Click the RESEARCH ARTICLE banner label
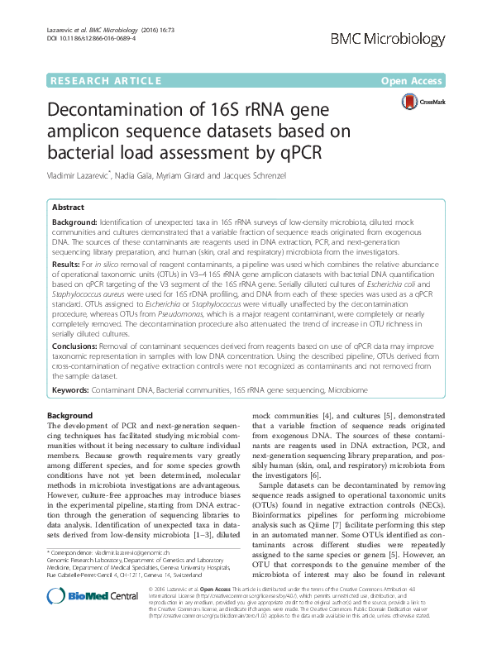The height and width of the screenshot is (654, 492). click(x=105, y=81)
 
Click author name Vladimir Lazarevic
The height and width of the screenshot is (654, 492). click(x=86, y=176)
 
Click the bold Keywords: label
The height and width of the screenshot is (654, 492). click(x=74, y=387)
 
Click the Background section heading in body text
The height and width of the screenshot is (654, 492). click(x=69, y=415)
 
